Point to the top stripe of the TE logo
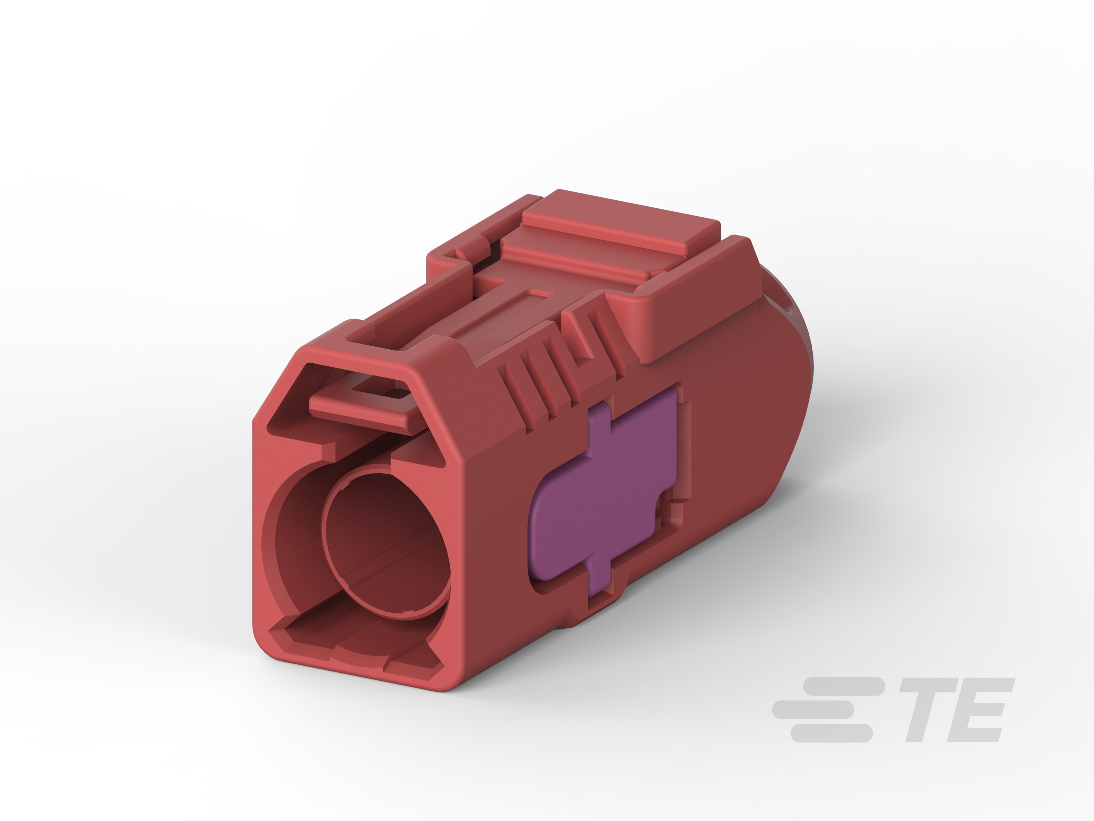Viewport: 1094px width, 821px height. coord(843,687)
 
